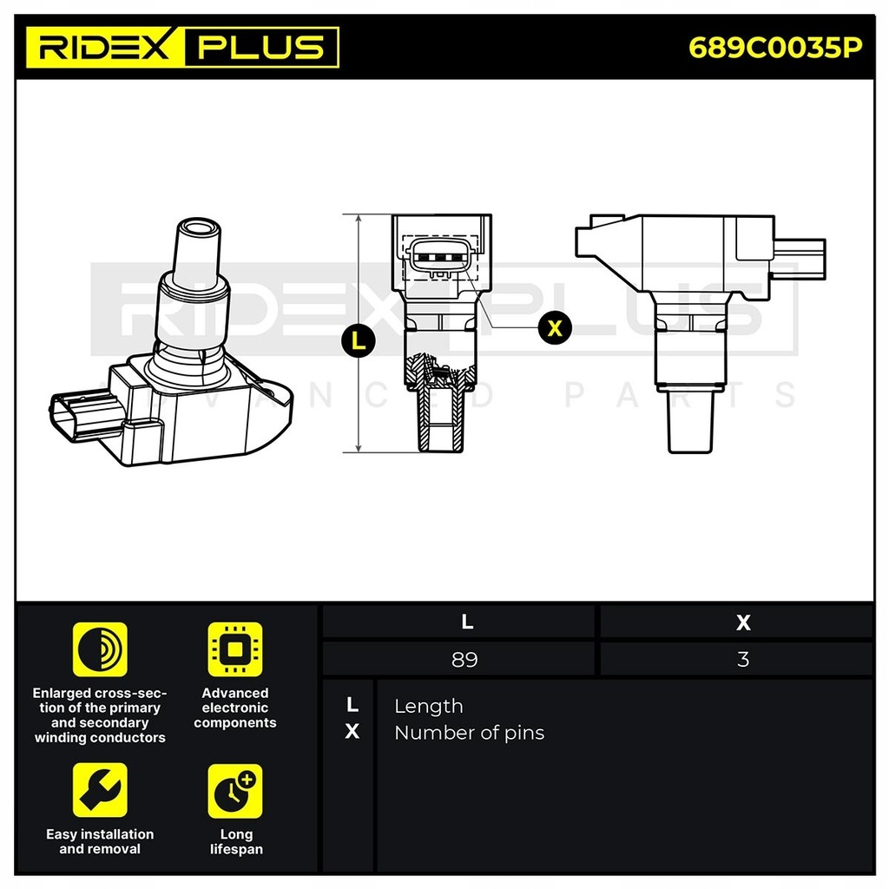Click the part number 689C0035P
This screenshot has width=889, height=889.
(775, 47)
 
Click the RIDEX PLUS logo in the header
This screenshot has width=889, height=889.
(182, 47)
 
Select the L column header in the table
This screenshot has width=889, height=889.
(467, 622)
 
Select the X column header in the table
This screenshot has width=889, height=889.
(742, 622)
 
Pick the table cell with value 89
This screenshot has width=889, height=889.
(464, 659)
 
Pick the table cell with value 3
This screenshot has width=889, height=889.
(742, 659)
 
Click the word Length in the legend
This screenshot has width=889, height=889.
(428, 706)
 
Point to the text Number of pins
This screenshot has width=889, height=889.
(469, 733)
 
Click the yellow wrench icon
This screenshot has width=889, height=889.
(100, 790)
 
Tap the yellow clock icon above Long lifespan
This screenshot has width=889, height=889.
(234, 790)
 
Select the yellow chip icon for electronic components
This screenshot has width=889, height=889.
(234, 649)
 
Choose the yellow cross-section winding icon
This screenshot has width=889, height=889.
(100, 649)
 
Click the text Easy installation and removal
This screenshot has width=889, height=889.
(100, 841)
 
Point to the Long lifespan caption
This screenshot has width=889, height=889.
(236, 841)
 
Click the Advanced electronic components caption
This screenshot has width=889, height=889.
(234, 708)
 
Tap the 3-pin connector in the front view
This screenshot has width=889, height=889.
(441, 256)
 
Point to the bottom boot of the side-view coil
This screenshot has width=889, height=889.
(691, 421)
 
